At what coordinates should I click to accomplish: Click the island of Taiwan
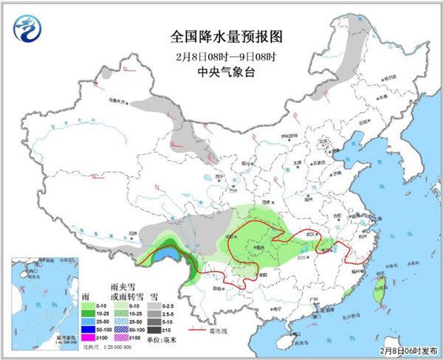point(379,288)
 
